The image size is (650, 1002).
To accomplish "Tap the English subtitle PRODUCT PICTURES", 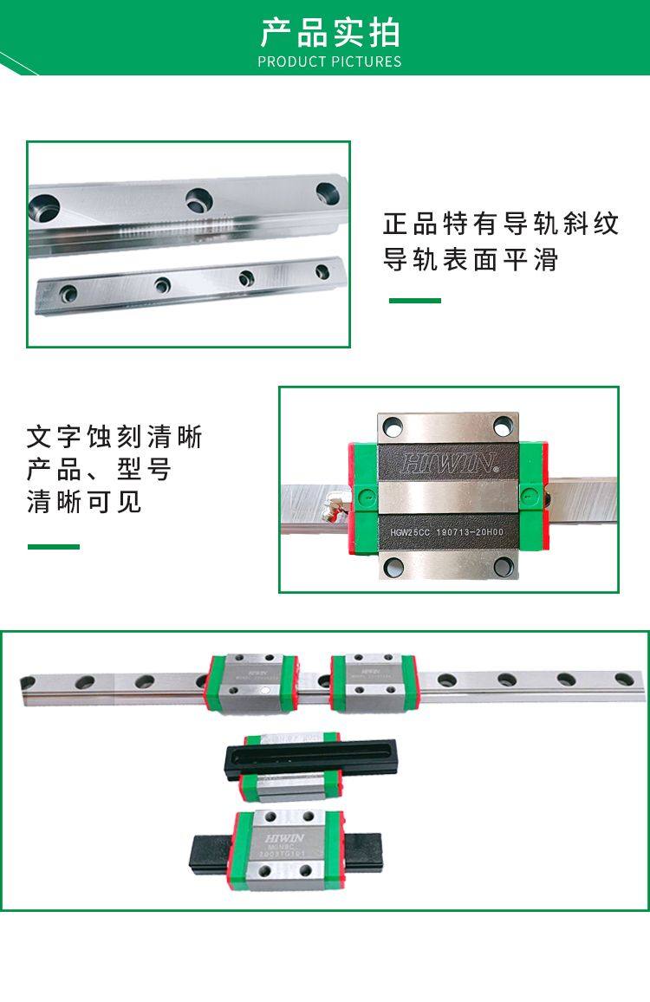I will coord(329,62).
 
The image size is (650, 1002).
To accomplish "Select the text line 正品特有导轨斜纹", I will coord(501,224).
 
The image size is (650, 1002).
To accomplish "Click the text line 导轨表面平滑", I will coord(471,259).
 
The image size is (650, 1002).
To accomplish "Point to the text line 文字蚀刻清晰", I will coord(114,436).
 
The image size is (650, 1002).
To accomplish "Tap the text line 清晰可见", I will coord(84,502).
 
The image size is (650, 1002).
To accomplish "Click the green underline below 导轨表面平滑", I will coord(414,301).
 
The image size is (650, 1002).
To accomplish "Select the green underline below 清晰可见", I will coord(53,546).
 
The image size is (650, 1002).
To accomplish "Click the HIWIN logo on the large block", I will coord(449,462).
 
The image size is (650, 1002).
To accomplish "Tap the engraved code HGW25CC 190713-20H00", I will coord(448,532).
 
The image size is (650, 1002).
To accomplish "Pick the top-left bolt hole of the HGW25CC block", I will coord(393,426).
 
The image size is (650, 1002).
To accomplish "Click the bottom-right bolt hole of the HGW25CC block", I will coord(503,568).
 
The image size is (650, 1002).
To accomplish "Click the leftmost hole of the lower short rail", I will coord(68,292).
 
